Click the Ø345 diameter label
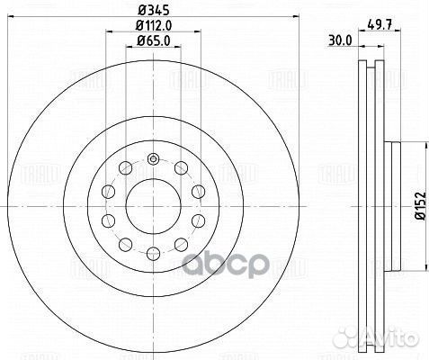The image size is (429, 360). (154, 10)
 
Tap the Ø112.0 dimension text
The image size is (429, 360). (154, 25)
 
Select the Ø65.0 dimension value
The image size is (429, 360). (154, 40)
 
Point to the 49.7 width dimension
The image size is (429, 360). (380, 24)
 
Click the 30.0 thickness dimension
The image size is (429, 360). (340, 40)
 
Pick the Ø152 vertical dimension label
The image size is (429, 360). (421, 206)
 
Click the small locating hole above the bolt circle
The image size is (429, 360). (153, 158)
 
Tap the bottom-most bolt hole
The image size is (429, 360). (153, 254)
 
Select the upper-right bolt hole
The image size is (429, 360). (181, 167)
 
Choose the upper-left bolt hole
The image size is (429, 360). (125, 167)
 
